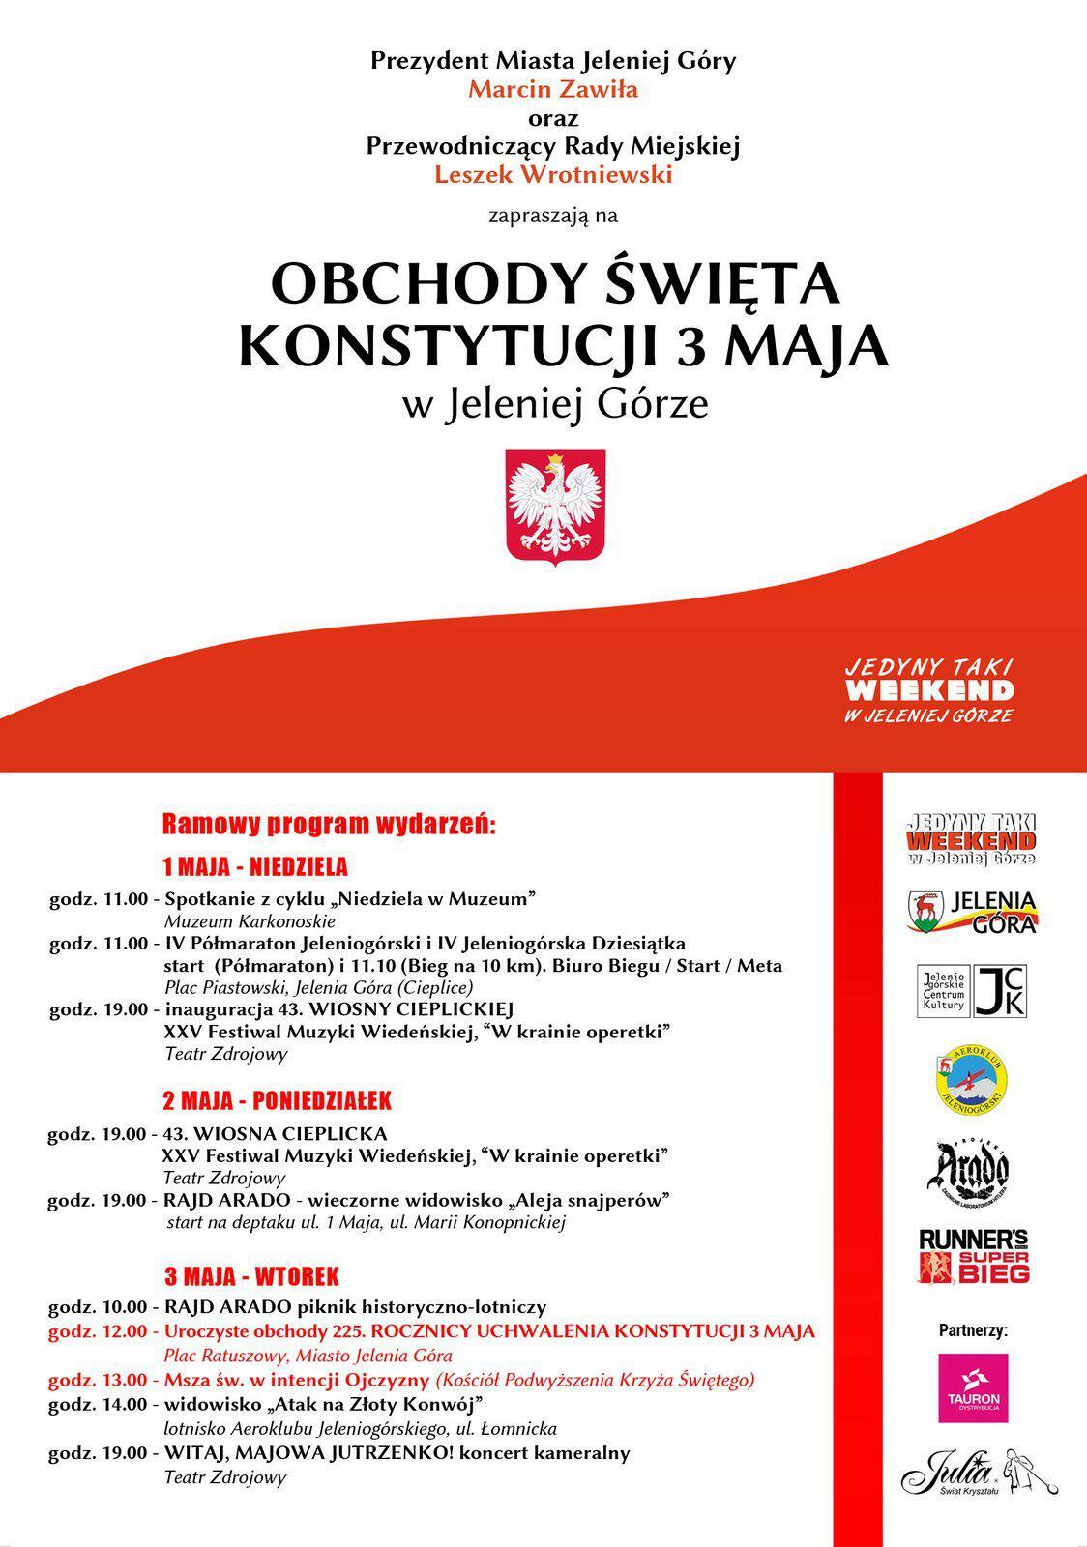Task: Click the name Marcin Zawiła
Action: (552, 90)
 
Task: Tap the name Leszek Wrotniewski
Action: (552, 175)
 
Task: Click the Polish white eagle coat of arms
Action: (556, 504)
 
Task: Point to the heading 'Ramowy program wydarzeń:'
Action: (329, 825)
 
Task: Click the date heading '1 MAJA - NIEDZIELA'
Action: (255, 865)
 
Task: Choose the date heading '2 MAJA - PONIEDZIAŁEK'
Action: (277, 1100)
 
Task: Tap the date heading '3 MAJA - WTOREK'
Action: (251, 1276)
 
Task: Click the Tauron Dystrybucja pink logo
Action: (973, 1387)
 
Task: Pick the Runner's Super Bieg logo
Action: (973, 1256)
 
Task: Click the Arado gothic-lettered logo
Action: (971, 1167)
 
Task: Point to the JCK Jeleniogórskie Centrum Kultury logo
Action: (971, 991)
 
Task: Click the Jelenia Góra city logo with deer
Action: (971, 912)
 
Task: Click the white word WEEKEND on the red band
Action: (929, 690)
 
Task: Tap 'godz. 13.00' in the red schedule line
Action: (99, 1380)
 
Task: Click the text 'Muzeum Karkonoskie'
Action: (250, 921)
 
